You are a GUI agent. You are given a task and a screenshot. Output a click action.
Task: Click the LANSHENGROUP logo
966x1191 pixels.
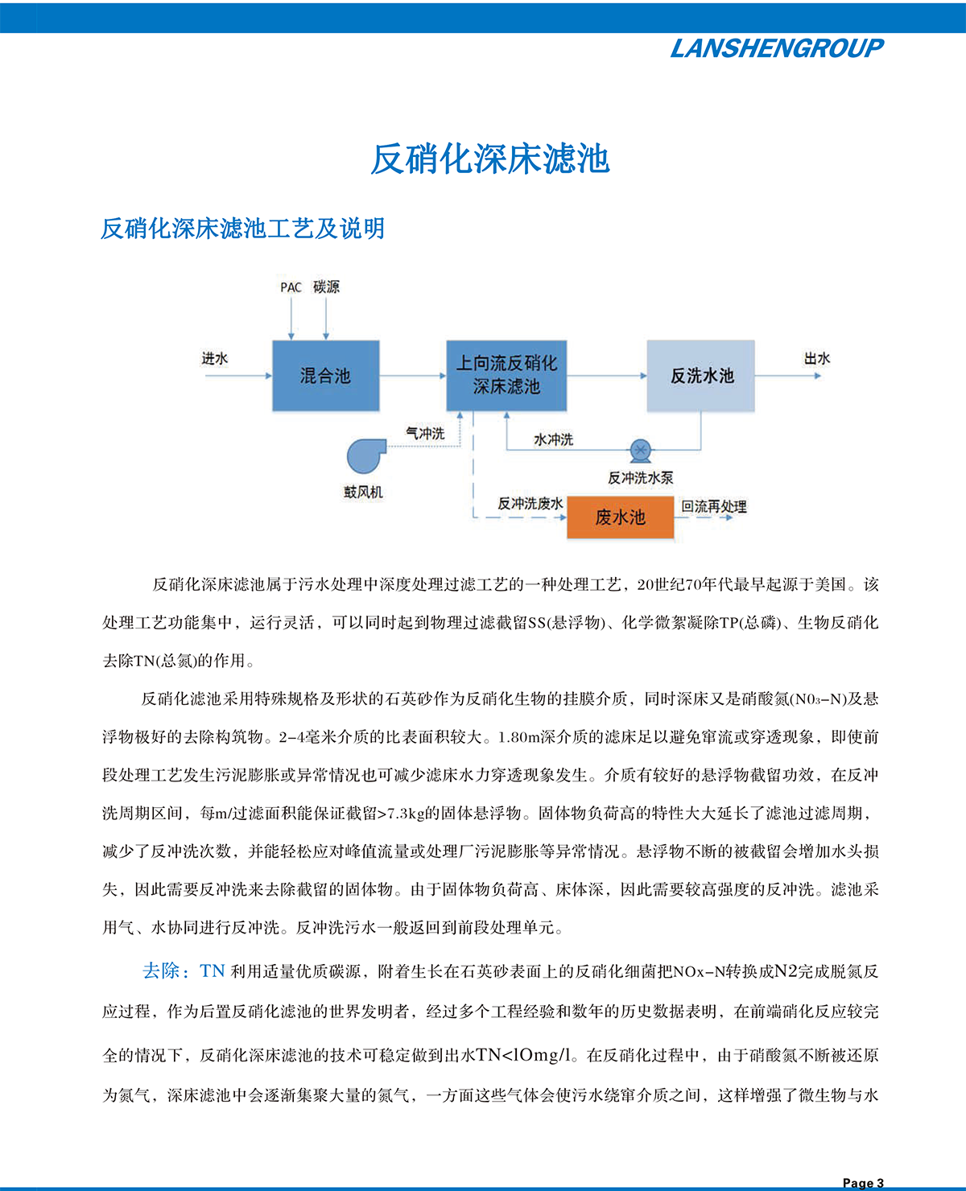click(777, 48)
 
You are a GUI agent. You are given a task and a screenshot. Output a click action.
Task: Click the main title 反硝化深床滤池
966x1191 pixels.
click(489, 159)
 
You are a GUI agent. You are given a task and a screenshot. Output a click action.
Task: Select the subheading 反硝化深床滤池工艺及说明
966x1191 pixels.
click(242, 229)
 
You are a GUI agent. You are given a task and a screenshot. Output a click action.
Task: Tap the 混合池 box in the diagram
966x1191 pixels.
click(325, 376)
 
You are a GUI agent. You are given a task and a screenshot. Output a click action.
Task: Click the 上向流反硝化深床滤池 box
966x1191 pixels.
click(506, 376)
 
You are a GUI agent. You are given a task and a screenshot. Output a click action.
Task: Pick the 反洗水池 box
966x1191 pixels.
click(701, 376)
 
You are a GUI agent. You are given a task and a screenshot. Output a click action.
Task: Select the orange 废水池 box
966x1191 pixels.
click(620, 517)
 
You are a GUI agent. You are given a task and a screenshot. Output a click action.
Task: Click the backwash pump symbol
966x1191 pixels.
click(640, 449)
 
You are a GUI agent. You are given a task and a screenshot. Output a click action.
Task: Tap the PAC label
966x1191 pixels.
click(291, 287)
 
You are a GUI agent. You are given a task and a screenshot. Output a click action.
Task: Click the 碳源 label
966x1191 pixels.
click(326, 287)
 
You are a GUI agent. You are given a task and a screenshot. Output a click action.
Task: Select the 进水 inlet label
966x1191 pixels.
click(215, 359)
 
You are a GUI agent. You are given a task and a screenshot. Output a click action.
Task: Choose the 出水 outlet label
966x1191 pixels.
click(816, 359)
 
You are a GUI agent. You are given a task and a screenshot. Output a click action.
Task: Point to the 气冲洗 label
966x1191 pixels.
click(425, 434)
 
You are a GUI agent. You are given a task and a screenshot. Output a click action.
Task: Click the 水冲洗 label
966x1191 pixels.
click(554, 439)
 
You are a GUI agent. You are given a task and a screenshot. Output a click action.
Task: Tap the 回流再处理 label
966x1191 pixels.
click(714, 506)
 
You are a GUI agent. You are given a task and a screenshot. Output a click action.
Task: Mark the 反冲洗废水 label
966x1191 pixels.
click(530, 504)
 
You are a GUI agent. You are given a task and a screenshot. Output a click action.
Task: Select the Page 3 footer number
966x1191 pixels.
click(863, 1182)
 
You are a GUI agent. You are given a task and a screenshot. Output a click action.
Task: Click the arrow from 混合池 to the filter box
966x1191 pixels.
click(412, 376)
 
